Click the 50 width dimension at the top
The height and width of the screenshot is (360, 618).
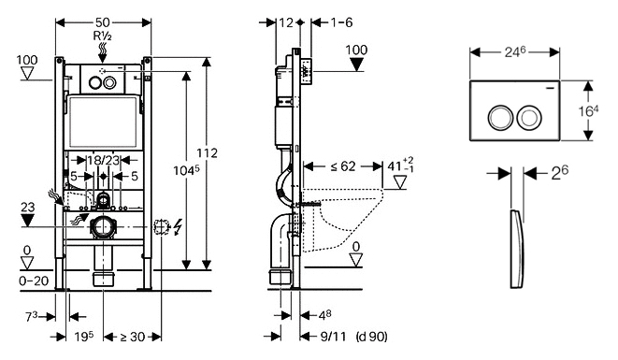(102, 22)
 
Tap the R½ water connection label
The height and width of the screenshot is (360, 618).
(103, 36)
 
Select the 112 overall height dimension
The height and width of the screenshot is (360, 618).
(207, 153)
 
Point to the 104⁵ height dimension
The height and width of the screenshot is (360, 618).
(187, 170)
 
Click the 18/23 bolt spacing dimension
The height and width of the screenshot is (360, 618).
(103, 160)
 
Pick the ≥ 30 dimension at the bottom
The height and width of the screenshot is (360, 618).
(133, 337)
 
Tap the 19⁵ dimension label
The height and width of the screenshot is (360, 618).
(84, 337)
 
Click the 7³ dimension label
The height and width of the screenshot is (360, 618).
(32, 317)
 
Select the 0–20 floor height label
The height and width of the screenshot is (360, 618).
(34, 281)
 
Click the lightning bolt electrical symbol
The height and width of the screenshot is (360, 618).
(179, 227)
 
